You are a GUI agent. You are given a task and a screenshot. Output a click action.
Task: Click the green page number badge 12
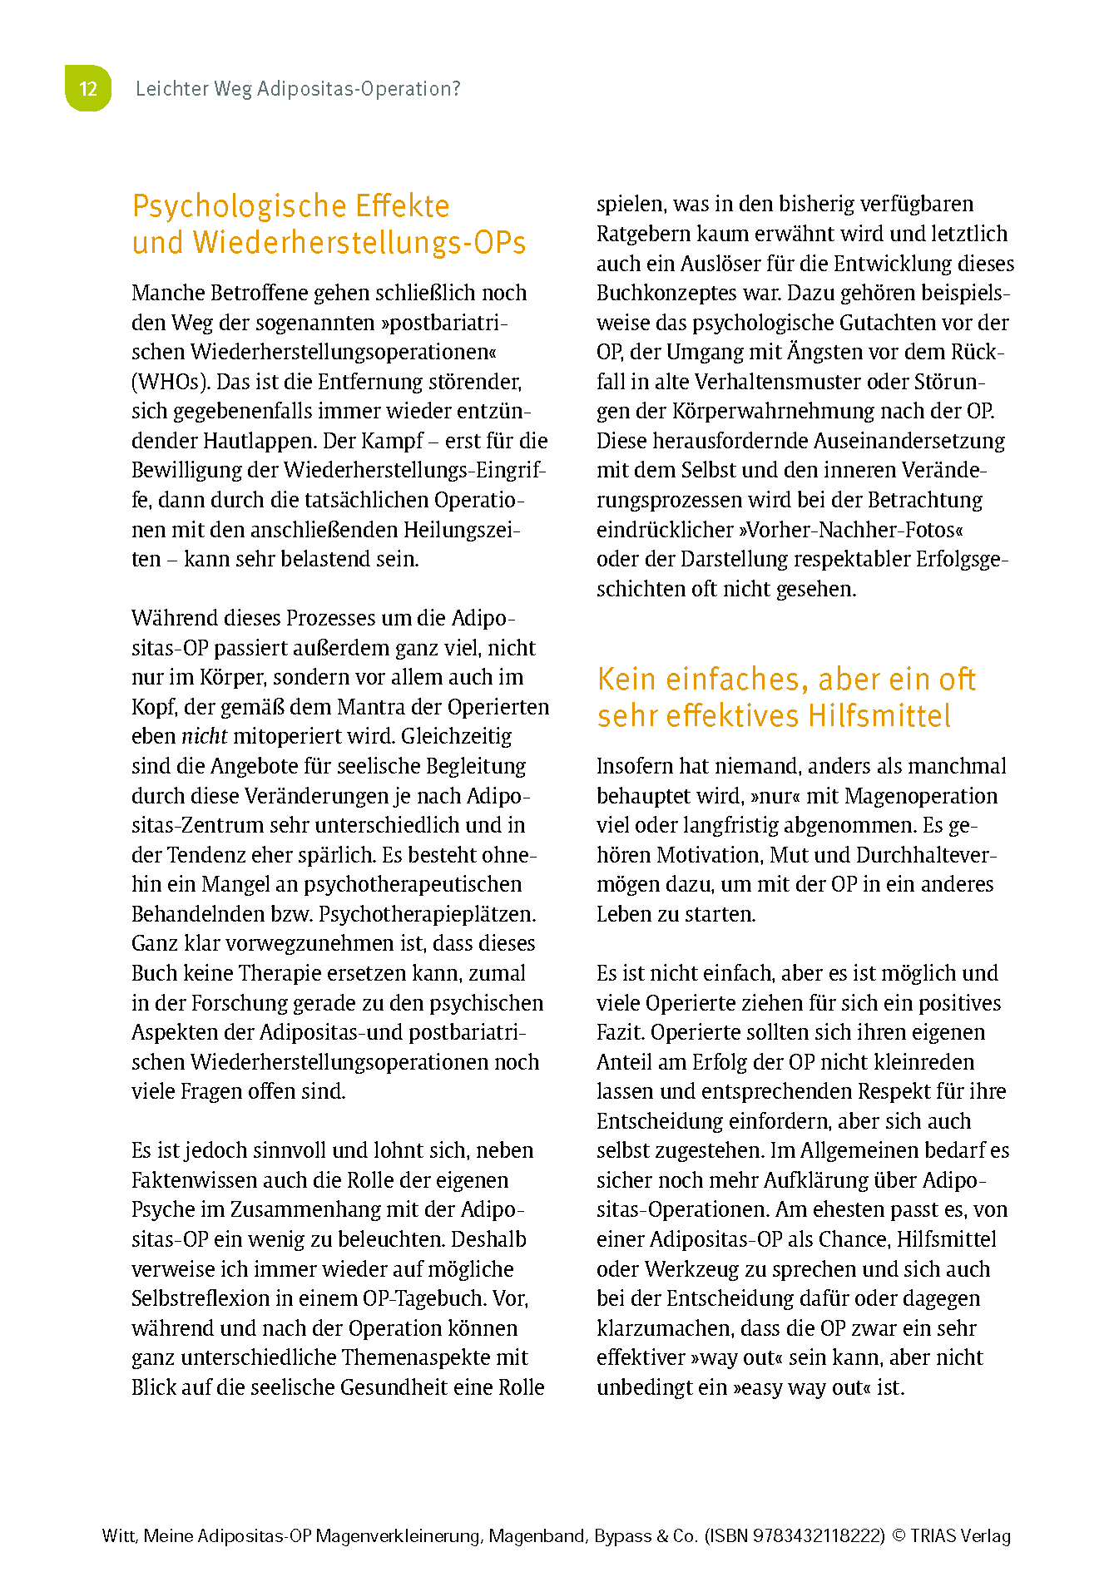pyautogui.click(x=88, y=88)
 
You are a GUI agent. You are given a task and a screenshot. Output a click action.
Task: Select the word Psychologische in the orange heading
pyautogui.click(x=238, y=205)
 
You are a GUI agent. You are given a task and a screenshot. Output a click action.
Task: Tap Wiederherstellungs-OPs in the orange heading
pyautogui.click(x=359, y=243)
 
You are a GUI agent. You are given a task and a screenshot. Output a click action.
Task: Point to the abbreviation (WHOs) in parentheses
pyautogui.click(x=168, y=382)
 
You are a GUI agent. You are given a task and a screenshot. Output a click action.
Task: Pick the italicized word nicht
pyautogui.click(x=204, y=736)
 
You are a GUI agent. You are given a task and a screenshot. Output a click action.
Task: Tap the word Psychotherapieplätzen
pyautogui.click(x=427, y=914)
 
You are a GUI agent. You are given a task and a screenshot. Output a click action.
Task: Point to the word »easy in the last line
pyautogui.click(x=761, y=1387)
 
